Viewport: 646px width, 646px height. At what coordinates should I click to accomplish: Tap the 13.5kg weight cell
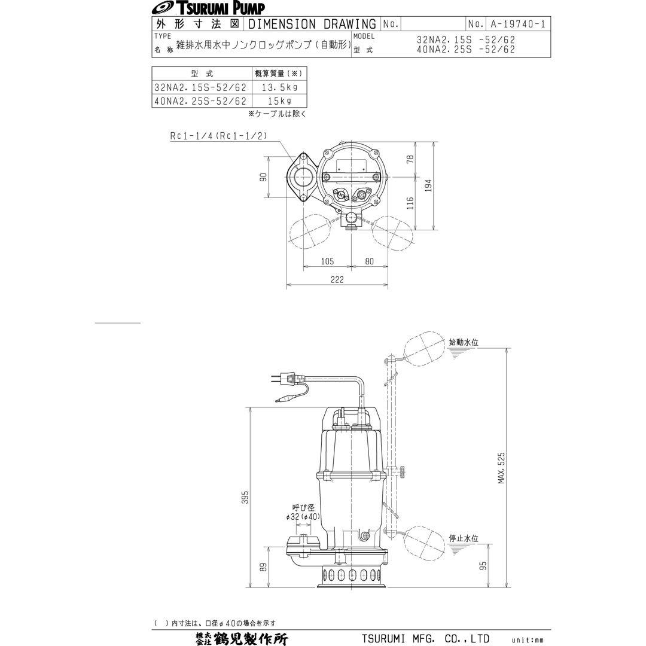pos(278,87)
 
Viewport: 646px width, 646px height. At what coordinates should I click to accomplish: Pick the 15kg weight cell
pos(278,101)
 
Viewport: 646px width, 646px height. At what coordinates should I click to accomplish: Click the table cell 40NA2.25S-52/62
pos(200,101)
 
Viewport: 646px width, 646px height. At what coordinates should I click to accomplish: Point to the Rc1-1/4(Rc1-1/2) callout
pos(218,136)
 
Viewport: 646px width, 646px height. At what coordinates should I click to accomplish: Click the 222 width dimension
pos(337,279)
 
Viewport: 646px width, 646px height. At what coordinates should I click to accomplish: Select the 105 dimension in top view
pos(327,261)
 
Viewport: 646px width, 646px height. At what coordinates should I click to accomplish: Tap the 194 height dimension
pos(428,186)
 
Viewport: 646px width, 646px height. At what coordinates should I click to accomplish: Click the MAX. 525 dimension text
pos(501,468)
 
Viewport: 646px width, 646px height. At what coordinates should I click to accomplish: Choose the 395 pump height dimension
pos(245,497)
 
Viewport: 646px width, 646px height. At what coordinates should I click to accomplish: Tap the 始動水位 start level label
pos(464,343)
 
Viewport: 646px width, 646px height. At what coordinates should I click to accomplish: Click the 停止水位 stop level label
pos(464,538)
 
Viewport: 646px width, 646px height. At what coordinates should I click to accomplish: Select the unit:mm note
pos(527,640)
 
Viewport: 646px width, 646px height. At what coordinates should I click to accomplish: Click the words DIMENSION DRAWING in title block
pos(312,25)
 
